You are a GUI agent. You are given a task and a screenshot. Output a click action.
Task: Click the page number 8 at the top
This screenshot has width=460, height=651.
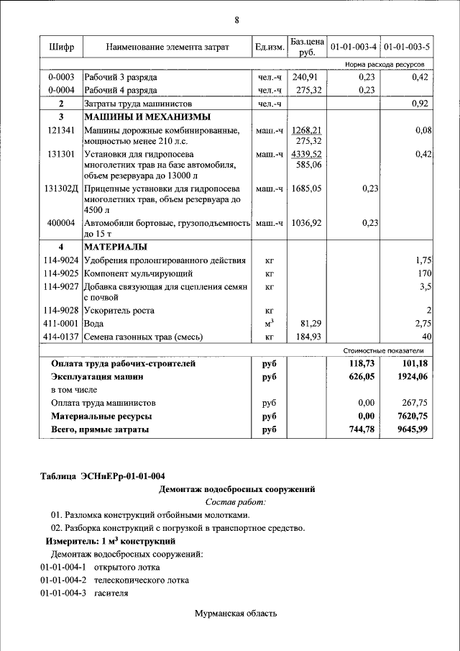tap(236, 19)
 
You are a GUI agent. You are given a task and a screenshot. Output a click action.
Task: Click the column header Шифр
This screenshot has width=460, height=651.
tap(61, 47)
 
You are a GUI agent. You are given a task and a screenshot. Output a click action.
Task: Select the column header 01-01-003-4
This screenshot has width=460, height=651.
tap(352, 47)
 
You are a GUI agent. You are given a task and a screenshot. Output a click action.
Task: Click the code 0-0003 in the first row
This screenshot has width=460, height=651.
tap(61, 77)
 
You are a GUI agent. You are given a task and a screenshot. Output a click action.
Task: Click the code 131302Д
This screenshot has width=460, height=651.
tap(61, 189)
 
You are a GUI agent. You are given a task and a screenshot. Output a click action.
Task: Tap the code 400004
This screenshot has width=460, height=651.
tap(61, 224)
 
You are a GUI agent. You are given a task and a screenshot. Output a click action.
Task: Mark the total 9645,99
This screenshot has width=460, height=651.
tap(412, 429)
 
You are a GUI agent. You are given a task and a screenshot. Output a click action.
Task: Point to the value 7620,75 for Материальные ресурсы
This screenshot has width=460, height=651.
tap(412, 416)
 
